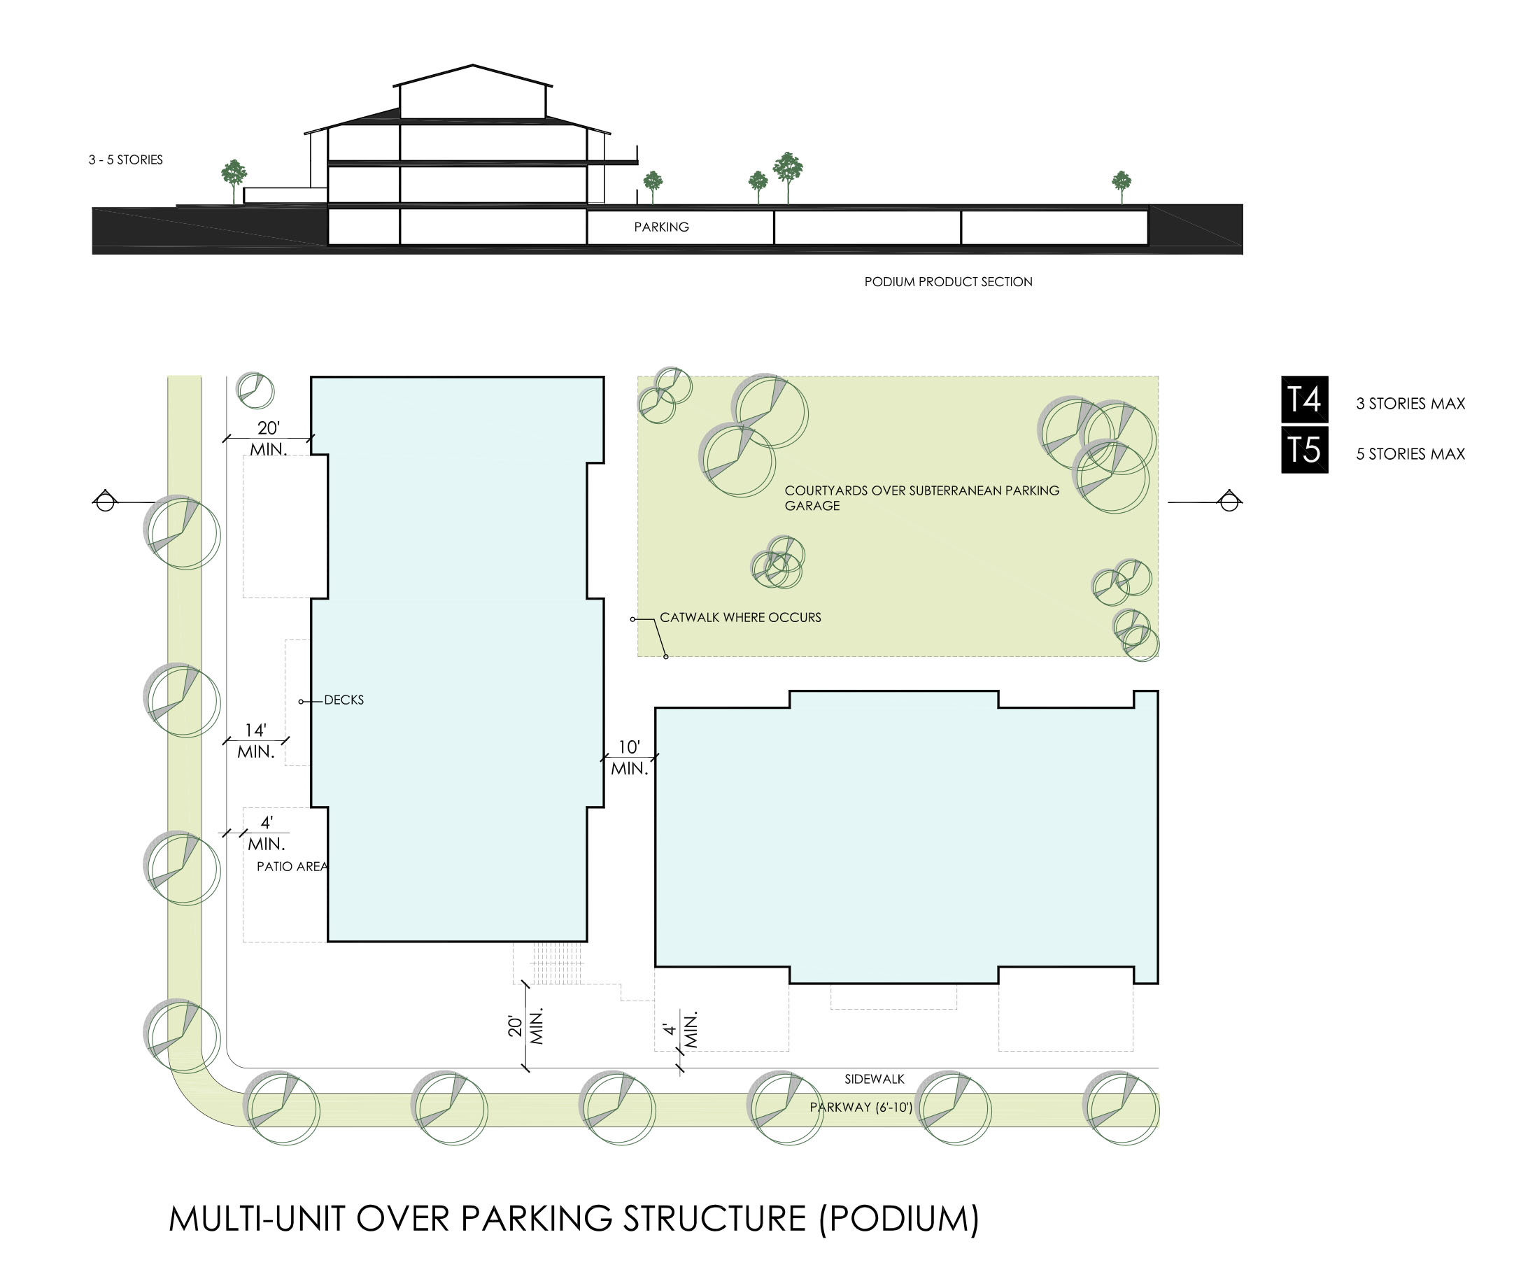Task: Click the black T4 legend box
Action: tap(1304, 400)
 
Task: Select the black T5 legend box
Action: tap(1304, 450)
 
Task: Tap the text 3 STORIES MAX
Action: tap(1410, 404)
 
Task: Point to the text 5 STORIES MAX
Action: tap(1410, 454)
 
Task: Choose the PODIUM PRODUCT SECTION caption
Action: tap(948, 282)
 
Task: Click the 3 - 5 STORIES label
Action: tap(126, 160)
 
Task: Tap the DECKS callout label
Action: tap(344, 700)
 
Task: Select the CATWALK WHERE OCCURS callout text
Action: tap(740, 618)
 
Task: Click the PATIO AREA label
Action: tap(292, 867)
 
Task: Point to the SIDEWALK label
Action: tap(875, 1079)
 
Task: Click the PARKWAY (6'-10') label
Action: tap(861, 1108)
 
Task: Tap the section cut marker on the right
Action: tap(1229, 502)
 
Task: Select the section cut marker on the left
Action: tap(105, 502)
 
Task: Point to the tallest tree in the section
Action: tap(787, 178)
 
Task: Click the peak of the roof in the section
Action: tap(473, 65)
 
